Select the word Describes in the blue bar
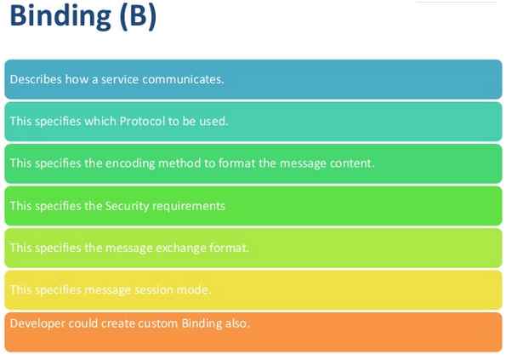point(33,79)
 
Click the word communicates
point(186,79)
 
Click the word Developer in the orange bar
point(35,323)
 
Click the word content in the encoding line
point(351,163)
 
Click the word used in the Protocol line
point(213,121)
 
